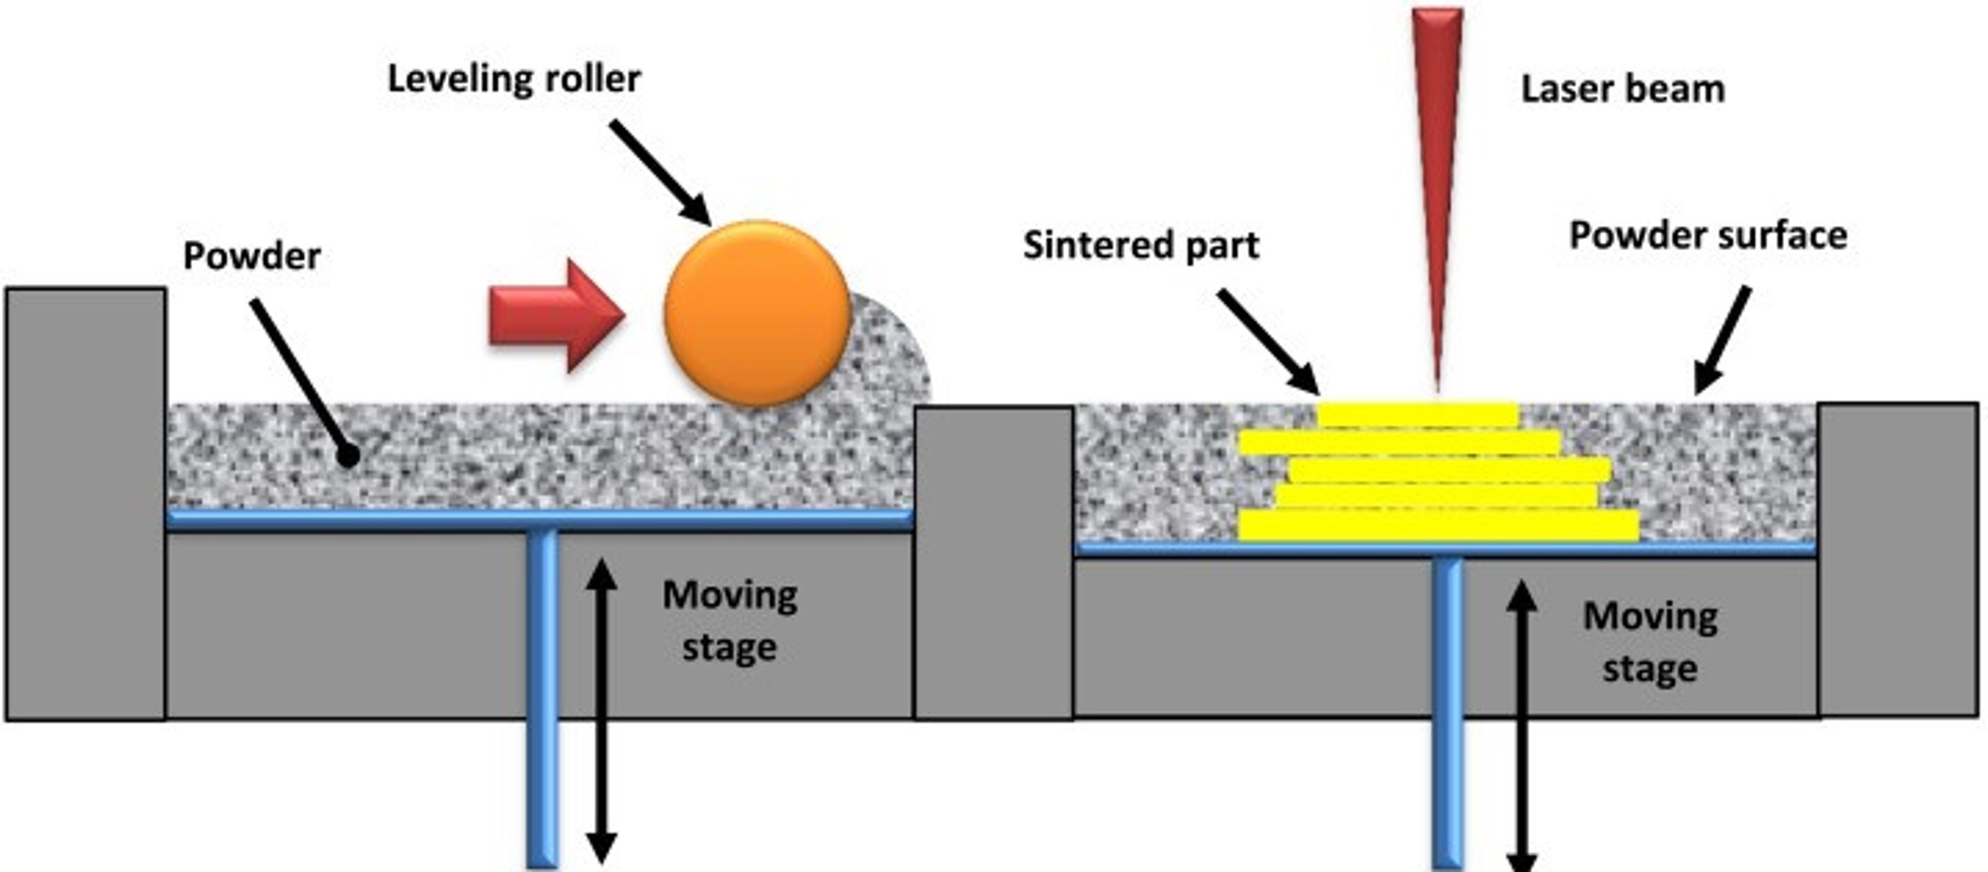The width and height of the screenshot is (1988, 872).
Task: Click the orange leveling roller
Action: pos(757,313)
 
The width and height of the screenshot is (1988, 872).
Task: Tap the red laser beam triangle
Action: pos(1437,142)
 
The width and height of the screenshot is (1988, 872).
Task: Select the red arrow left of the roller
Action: pos(556,315)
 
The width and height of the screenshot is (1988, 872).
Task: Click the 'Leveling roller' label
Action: pos(514,79)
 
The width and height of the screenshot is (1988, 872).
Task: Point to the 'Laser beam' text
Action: pos(1622,89)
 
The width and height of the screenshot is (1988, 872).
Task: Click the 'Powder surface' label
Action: pos(1707,235)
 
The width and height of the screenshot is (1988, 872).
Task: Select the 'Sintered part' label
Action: pos(1140,246)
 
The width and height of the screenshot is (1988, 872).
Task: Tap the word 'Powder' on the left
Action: pos(251,256)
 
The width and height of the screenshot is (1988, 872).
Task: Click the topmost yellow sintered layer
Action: pos(1417,416)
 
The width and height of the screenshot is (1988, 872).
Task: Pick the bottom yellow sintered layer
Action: pos(1438,526)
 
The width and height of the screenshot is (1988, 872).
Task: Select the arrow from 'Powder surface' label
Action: pos(1721,340)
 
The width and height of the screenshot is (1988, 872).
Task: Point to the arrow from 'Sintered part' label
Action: pos(1268,341)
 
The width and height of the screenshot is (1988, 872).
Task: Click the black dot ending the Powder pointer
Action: pos(348,455)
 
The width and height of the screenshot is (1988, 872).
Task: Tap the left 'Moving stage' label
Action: pos(728,621)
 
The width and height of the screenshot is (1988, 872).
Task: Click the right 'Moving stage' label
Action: pos(1650,642)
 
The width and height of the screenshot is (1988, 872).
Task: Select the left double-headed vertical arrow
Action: pos(601,712)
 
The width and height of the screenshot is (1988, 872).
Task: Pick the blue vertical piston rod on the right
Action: pos(1447,712)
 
